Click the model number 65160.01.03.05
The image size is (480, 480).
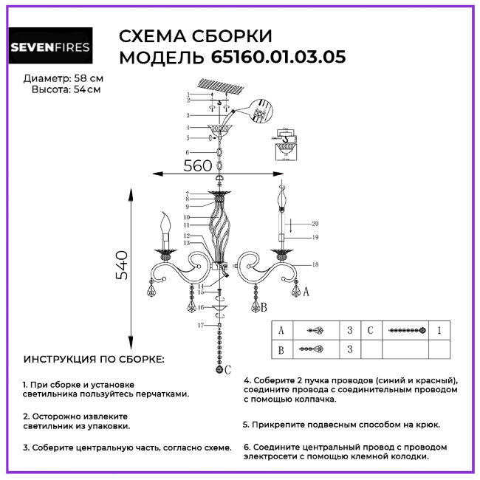[x=278, y=57]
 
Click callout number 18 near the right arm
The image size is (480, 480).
[x=315, y=264]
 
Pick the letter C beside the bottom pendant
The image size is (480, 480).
[x=229, y=368]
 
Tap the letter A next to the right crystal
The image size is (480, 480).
[x=306, y=292]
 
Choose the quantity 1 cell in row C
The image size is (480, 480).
[x=439, y=331]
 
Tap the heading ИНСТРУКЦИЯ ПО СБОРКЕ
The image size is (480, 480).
[x=95, y=360]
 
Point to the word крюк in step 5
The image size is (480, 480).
[x=426, y=425]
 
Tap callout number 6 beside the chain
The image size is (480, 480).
[x=188, y=152]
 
